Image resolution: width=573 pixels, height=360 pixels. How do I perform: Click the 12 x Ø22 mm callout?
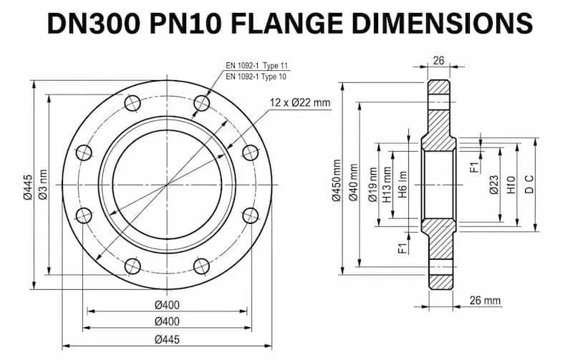click(301, 102)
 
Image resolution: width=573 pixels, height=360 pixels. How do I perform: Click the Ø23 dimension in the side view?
click(494, 185)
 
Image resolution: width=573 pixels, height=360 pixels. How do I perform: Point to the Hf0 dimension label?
click(511, 185)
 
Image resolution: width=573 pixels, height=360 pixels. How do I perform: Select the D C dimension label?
click(529, 185)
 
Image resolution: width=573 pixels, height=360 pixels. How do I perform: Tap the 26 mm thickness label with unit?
click(485, 300)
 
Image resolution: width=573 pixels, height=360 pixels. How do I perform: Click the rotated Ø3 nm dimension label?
click(43, 185)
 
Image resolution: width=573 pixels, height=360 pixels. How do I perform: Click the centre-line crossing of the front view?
click(168, 185)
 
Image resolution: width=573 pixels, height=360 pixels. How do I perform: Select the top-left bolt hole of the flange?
click(132, 104)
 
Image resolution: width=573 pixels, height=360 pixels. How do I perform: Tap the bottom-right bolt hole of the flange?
click(203, 266)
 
